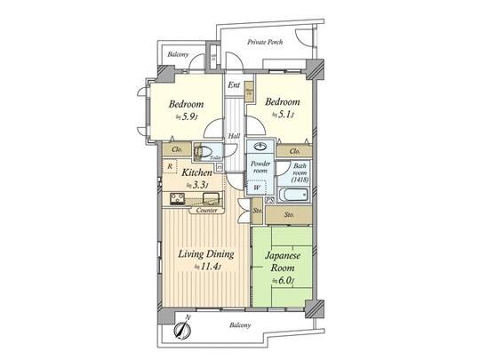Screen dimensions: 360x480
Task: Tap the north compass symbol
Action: click(180, 329)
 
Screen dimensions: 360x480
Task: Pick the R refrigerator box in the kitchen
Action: click(168, 165)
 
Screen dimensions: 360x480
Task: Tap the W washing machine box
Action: click(256, 188)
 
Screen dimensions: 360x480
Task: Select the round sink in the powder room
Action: click(261, 148)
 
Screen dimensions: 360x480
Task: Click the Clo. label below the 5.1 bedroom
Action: click(294, 151)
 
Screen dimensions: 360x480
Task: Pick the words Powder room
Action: click(260, 169)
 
